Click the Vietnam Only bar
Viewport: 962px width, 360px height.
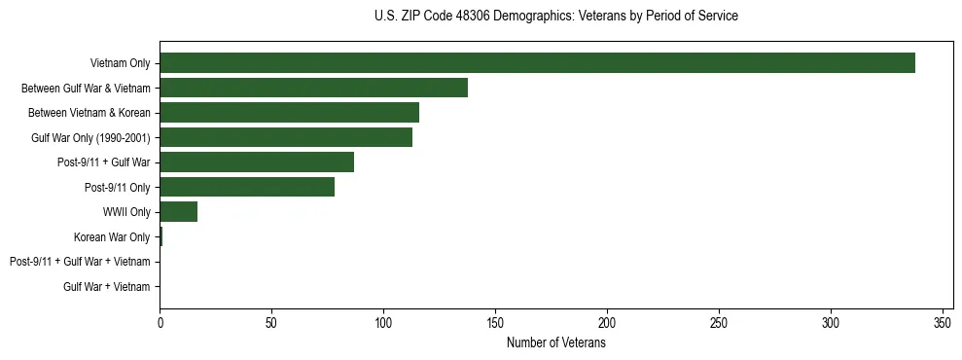click(x=537, y=63)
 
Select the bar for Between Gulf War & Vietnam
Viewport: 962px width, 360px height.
click(x=313, y=88)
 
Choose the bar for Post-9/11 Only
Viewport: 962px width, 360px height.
click(x=247, y=187)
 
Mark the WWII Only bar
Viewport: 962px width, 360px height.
click(x=179, y=212)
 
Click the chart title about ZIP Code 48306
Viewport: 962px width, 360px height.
click(x=555, y=17)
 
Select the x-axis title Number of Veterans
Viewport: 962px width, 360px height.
click(x=555, y=343)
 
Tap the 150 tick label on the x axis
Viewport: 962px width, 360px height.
click(x=495, y=322)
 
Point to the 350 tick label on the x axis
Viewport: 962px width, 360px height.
click(x=943, y=322)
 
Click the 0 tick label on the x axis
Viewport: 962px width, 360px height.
click(x=160, y=322)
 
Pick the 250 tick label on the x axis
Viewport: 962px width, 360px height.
click(x=719, y=322)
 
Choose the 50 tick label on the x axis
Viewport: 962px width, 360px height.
click(x=271, y=322)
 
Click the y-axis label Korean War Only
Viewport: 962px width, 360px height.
click(x=112, y=236)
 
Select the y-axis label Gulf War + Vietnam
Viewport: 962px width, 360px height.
click(x=107, y=286)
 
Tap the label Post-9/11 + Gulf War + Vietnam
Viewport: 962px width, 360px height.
click(x=80, y=262)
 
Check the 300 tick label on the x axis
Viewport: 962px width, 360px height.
click(x=831, y=322)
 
